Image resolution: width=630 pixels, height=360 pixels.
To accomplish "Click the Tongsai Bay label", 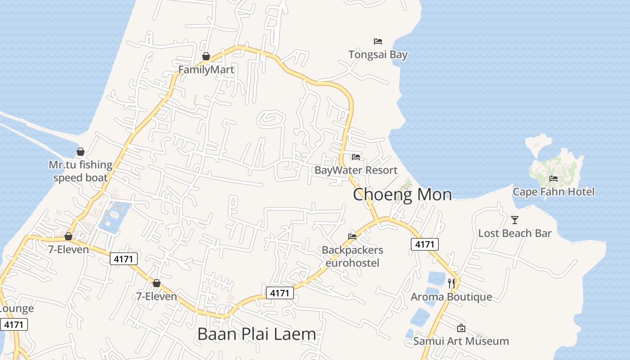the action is coord(378,55).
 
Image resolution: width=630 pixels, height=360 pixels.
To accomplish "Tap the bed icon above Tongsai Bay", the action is coord(378,41).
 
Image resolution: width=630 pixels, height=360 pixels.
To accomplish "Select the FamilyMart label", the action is coord(206,70).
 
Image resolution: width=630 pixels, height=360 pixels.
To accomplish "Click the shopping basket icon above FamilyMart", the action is coord(206,56).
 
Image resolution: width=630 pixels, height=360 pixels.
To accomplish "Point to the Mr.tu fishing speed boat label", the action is coord(81,171).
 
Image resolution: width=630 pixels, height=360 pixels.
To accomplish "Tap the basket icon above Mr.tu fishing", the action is coord(81,152).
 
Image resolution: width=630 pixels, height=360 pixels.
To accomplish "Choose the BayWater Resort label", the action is coord(356,170).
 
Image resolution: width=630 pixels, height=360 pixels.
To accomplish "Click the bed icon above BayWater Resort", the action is coord(356,157).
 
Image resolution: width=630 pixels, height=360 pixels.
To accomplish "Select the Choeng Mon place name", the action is coord(402,194).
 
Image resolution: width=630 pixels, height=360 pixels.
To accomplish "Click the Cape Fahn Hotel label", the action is coord(553,192).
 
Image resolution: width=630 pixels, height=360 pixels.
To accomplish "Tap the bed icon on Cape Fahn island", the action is coord(553,179).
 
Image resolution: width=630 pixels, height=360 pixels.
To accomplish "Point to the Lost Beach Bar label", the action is coord(515,233).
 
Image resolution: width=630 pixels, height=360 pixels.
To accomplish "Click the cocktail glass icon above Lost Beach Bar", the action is coord(515,220).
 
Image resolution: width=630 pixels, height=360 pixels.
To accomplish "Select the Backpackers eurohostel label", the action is coord(352,256).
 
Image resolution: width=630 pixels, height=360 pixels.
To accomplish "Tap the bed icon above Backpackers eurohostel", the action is coord(352,236).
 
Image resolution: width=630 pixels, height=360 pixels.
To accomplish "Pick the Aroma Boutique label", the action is coord(451,297).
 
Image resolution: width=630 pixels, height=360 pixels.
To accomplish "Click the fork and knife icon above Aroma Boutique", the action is coord(451,283).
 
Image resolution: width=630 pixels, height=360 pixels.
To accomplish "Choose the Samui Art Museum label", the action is coord(461,341).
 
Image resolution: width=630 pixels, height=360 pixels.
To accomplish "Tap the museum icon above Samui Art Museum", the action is coord(461,328).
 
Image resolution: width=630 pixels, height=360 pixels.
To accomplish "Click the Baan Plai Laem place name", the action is coord(256,334).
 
